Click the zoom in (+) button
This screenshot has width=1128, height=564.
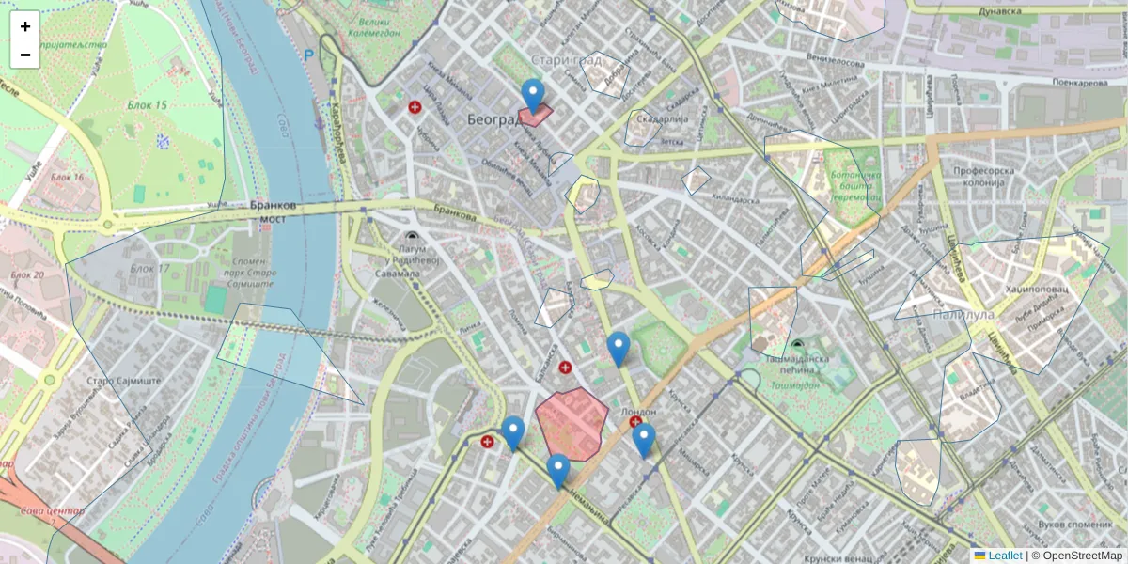point(25,26)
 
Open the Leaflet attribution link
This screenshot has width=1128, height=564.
point(1004,556)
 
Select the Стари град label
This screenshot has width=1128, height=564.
point(566,60)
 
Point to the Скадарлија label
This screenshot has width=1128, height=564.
point(664,119)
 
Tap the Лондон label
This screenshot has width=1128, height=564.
point(639,412)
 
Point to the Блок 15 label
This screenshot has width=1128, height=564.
point(149,104)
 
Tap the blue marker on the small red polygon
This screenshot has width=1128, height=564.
point(533,96)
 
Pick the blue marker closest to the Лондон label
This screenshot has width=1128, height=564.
point(643,439)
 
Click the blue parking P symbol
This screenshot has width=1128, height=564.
point(308,55)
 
